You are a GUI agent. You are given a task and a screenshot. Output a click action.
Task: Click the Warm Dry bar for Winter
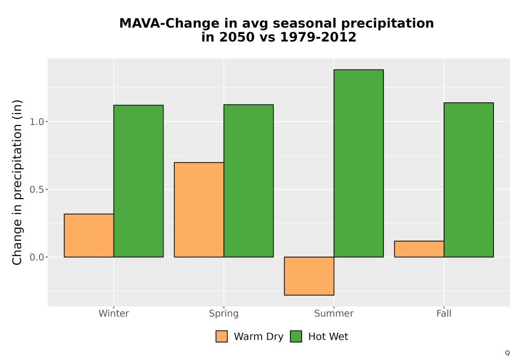[x=89, y=236]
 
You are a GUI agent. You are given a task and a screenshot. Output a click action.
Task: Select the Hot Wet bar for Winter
[x=138, y=181]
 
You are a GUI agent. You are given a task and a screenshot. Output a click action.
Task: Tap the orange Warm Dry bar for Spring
[x=199, y=210]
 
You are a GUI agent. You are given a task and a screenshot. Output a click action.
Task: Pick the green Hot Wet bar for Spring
[x=248, y=181]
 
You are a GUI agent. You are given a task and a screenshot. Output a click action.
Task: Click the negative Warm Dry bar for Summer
[x=309, y=276]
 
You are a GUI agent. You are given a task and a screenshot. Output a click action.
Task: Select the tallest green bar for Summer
[x=359, y=163]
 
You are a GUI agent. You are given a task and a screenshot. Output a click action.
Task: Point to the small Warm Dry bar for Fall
[x=419, y=249]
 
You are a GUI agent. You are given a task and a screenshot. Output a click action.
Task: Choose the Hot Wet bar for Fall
[x=469, y=180]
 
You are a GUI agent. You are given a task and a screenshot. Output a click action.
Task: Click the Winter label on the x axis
[x=114, y=313]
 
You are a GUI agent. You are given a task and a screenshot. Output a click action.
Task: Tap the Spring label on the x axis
[x=224, y=314]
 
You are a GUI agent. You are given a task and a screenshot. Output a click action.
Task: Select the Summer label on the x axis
[x=334, y=313]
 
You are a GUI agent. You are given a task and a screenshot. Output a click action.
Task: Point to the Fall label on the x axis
[x=444, y=313]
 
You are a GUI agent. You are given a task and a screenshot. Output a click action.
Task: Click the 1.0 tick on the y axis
[x=36, y=122]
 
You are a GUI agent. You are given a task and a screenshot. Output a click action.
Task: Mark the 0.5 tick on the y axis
[x=36, y=189]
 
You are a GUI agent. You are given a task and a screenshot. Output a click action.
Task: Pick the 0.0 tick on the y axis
[x=36, y=257]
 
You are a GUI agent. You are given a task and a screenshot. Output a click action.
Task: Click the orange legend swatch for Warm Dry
[x=222, y=336]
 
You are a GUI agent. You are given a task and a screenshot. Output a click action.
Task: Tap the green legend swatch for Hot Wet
[x=296, y=336]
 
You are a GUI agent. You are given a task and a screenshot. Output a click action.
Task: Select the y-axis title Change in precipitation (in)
[x=17, y=182]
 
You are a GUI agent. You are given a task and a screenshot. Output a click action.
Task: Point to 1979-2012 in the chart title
[x=318, y=37]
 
